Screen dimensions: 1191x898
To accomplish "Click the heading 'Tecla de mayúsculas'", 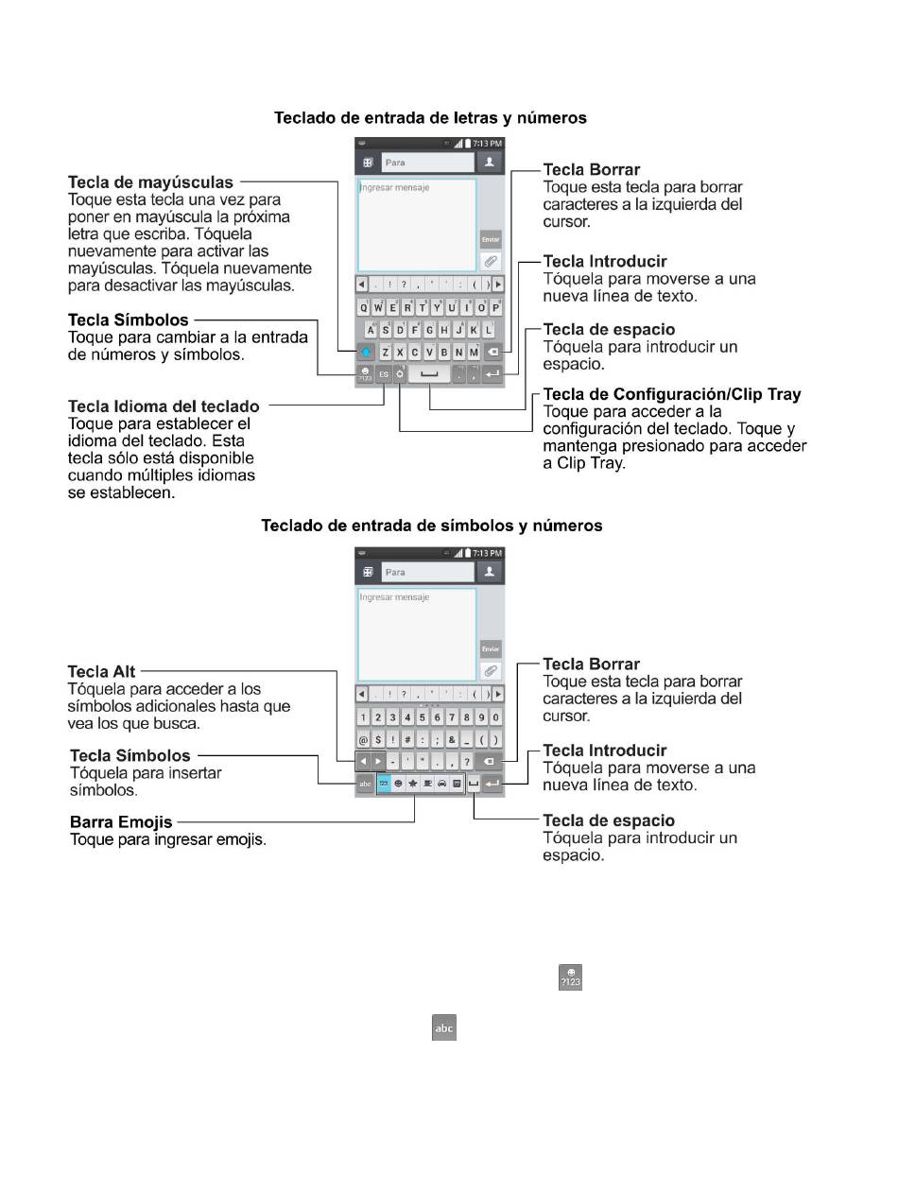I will [150, 182].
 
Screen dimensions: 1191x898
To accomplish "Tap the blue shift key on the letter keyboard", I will [366, 353].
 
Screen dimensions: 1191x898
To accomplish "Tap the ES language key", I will [384, 374].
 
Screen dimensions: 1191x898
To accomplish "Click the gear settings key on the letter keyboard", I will [401, 374].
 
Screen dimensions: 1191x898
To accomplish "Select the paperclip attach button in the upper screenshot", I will [491, 261].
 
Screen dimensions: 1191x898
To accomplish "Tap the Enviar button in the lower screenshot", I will [491, 649].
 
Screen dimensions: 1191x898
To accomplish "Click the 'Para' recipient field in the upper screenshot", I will [427, 163].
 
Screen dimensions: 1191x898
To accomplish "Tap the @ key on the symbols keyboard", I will [363, 740].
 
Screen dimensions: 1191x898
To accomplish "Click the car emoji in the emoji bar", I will [442, 785].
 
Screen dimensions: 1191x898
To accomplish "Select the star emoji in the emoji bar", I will [413, 785].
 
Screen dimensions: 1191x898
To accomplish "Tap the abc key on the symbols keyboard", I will [365, 785].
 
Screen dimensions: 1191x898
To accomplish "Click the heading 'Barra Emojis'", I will [121, 821].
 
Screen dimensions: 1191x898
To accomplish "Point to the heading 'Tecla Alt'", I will [102, 671].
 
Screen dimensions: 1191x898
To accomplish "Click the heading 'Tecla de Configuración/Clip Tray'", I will [672, 394].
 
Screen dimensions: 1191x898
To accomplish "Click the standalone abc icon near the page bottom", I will [443, 1028].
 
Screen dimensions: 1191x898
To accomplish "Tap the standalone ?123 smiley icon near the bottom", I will [570, 978].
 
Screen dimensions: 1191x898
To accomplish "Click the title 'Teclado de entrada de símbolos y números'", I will [431, 526].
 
